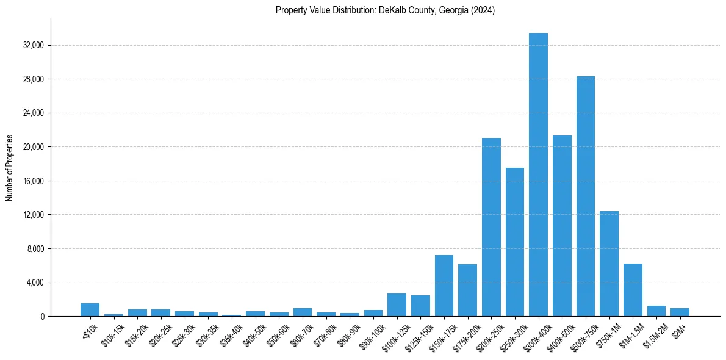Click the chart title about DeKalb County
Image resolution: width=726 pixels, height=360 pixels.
coord(385,10)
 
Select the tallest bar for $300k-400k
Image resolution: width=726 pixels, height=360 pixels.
coord(538,175)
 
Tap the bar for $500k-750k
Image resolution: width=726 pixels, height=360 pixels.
coord(585,196)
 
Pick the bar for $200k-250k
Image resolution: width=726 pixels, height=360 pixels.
coord(491,227)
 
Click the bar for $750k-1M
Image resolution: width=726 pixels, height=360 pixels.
coord(609,264)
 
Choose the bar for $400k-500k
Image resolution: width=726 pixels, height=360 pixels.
coord(562,226)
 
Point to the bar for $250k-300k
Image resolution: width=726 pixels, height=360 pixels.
coord(514,242)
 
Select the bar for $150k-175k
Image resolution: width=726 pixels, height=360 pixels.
coord(444,286)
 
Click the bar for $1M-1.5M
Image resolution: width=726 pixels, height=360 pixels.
coord(633,290)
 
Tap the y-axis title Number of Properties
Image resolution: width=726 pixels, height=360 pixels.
coord(10,168)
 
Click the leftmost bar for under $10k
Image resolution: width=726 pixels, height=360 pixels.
coord(90,310)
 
